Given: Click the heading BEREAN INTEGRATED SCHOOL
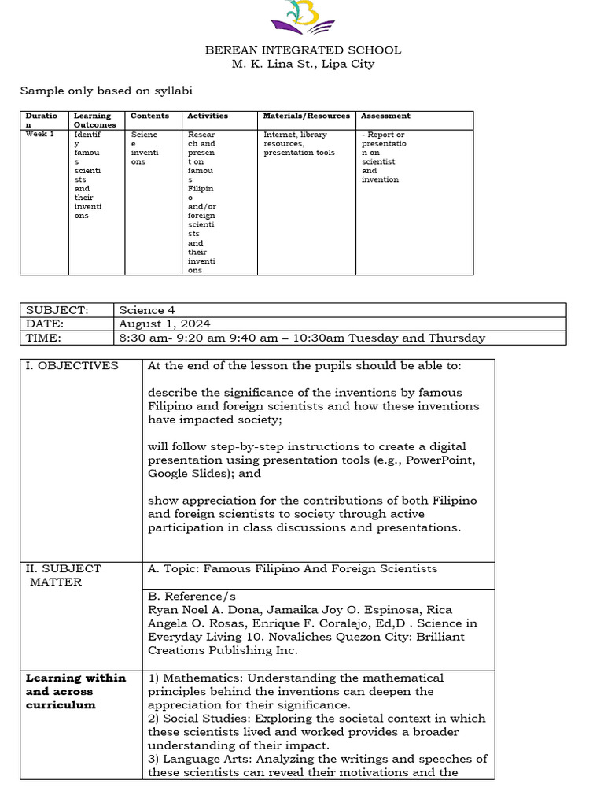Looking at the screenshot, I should pos(303,50).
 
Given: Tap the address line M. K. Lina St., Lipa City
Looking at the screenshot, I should pos(303,64).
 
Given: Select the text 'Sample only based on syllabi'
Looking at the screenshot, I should pos(106,91).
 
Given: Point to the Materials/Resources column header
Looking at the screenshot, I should pos(306,116).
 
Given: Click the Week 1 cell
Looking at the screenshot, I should pos(39,135).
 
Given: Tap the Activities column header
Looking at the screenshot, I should pos(207,116).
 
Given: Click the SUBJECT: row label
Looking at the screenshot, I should pos(57,310).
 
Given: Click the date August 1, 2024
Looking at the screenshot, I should pos(164,324).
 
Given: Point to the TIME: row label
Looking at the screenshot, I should pos(44,338).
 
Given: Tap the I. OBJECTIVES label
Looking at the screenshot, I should pos(72,365).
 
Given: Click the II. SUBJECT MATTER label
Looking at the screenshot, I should pos(64,575).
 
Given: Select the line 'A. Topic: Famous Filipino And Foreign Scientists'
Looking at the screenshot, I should pos(292,568).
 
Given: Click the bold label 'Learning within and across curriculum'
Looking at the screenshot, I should pos(76,691).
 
